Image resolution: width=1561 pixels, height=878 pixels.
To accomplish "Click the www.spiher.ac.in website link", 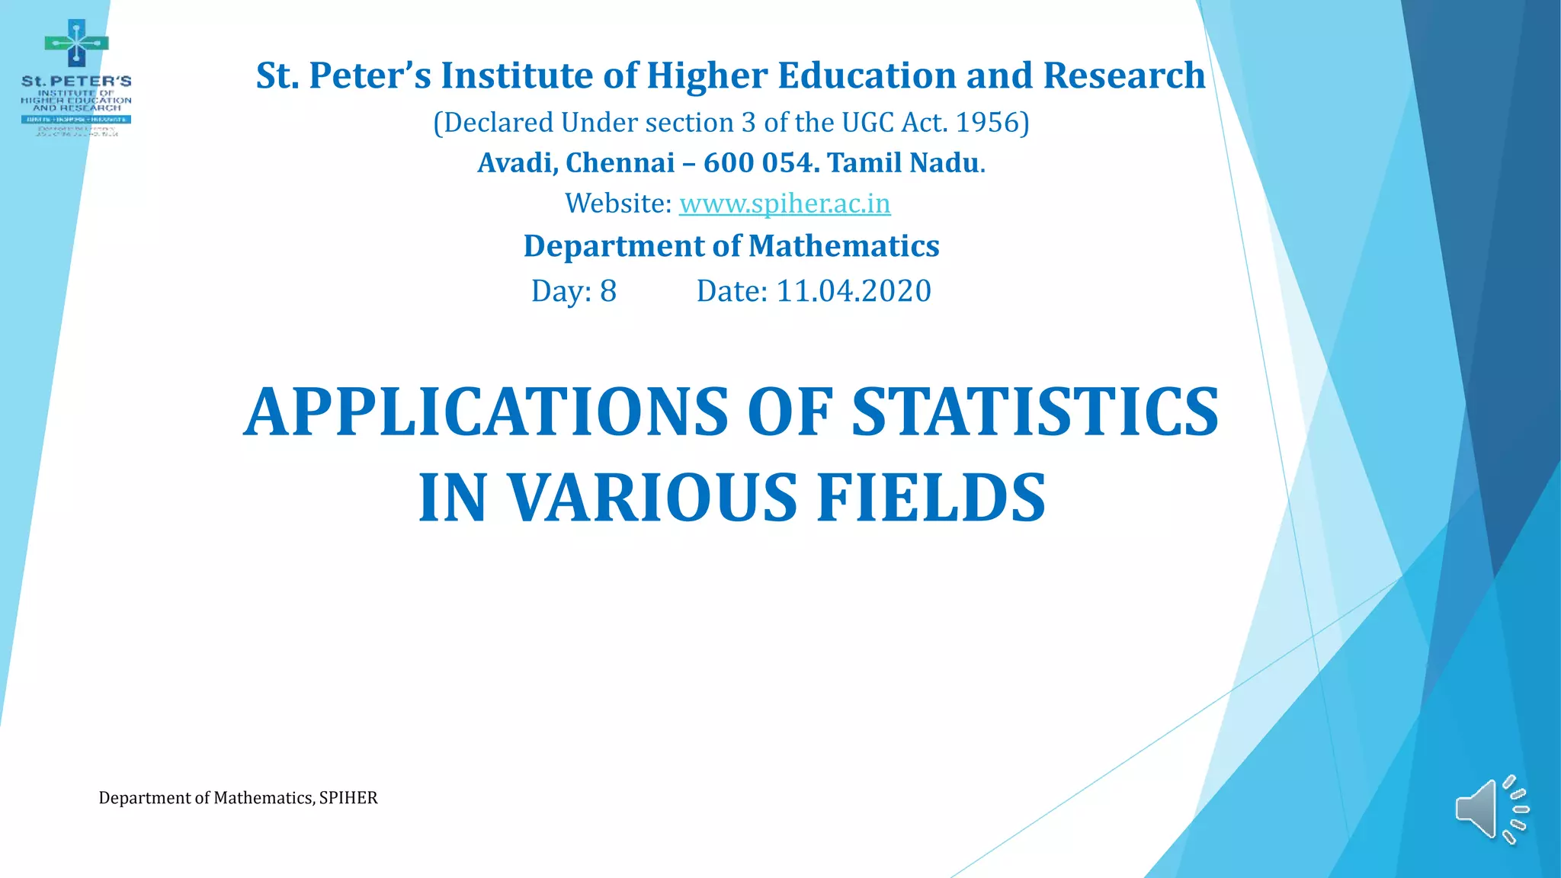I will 784,203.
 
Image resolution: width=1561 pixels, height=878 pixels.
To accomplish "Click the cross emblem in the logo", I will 76,43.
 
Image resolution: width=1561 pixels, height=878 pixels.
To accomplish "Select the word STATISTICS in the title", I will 1034,412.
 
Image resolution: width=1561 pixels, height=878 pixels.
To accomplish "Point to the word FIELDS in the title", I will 931,498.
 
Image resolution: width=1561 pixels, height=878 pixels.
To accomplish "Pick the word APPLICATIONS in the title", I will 486,412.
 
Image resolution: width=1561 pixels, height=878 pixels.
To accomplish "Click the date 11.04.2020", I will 853,291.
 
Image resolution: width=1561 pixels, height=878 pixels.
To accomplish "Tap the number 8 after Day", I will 607,291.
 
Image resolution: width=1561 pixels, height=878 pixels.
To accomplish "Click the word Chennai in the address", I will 620,163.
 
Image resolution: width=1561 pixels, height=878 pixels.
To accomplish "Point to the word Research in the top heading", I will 1123,75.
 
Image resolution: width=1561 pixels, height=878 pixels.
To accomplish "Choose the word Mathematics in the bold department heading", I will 844,246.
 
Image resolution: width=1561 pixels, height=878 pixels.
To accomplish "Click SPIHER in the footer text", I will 348,798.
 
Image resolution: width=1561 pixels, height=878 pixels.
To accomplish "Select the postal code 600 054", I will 759,163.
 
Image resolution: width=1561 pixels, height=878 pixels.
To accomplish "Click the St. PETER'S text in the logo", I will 76,81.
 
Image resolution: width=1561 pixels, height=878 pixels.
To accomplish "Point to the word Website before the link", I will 617,203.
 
